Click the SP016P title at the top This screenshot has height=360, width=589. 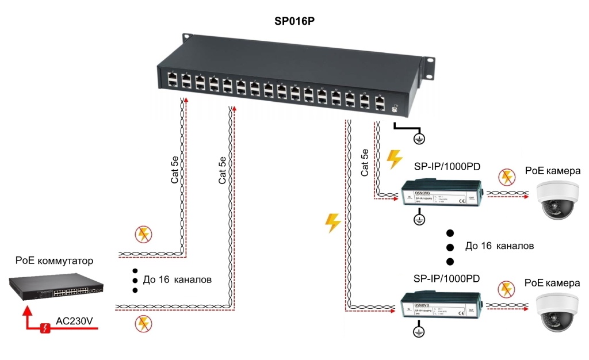coord(295,22)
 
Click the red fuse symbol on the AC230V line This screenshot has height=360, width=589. coord(45,328)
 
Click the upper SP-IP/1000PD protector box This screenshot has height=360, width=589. coord(442,193)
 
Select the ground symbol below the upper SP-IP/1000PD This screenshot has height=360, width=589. coord(420,219)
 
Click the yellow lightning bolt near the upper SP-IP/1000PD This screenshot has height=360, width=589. coord(395,159)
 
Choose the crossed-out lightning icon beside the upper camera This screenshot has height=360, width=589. coord(506,177)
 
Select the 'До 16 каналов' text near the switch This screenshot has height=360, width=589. coord(178,280)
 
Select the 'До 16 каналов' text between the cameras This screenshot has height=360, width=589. coord(500,246)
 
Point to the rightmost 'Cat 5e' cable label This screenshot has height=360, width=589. coord(365,162)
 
